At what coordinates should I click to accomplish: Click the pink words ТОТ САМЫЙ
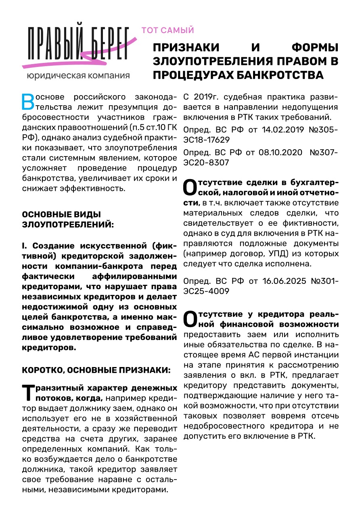[x=167, y=30]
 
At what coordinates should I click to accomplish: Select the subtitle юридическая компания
[x=78, y=75]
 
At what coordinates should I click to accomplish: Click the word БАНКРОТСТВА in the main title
[x=280, y=75]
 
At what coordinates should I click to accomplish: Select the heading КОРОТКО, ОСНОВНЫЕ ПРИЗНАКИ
[x=96, y=370]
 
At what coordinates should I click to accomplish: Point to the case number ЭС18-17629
[x=207, y=140]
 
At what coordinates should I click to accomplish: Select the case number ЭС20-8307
[x=206, y=163]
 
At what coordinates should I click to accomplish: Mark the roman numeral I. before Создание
[x=25, y=246]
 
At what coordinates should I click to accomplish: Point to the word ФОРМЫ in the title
[x=315, y=47]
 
